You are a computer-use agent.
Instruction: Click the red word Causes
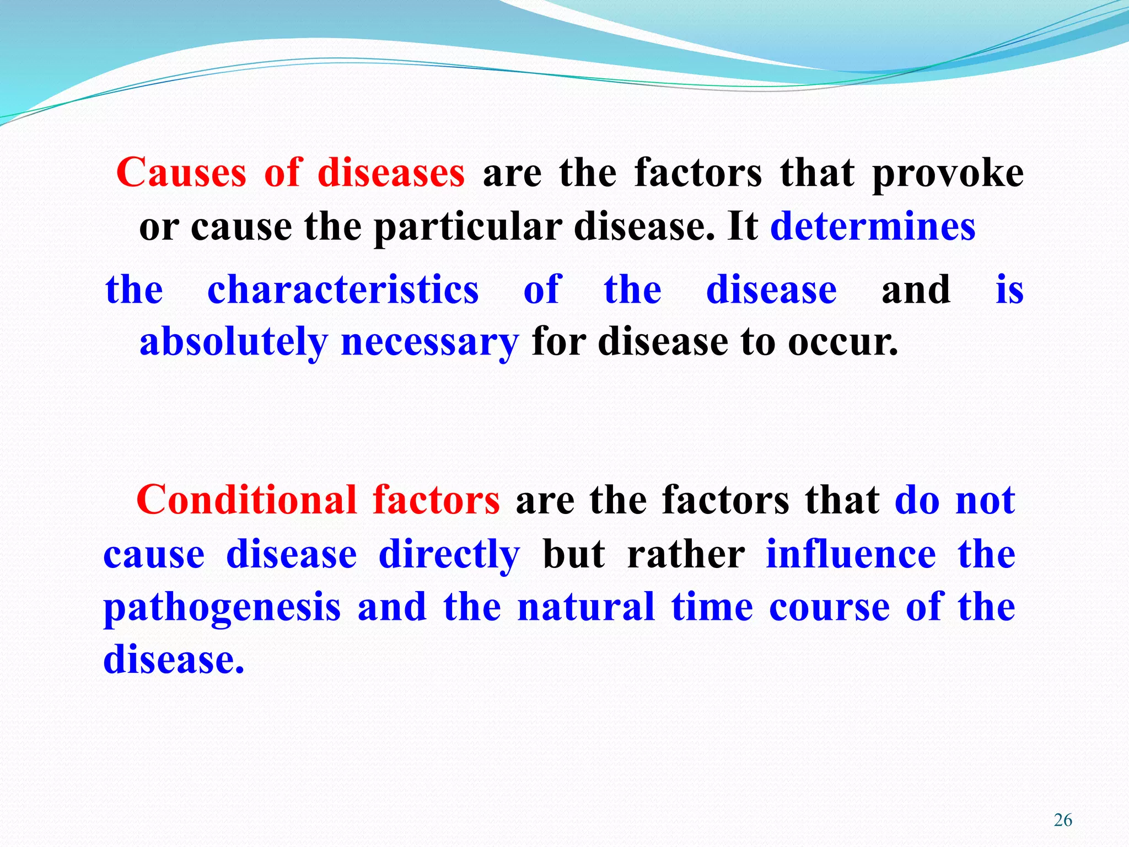(181, 173)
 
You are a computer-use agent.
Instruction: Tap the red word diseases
(391, 173)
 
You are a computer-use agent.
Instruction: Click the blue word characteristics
(343, 290)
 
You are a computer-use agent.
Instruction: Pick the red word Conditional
(246, 500)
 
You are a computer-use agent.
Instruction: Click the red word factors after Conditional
(436, 500)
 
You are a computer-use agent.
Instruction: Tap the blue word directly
(449, 555)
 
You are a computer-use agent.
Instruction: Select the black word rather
(686, 555)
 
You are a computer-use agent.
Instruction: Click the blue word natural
(585, 607)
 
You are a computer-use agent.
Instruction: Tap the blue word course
(829, 608)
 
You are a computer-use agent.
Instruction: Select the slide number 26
(1063, 820)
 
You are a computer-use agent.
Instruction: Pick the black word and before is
(916, 290)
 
